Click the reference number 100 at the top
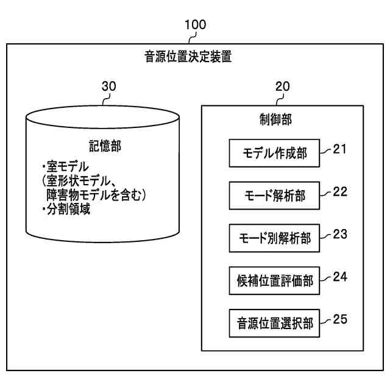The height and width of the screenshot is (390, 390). point(195,25)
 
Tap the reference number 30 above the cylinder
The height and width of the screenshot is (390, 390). point(108,87)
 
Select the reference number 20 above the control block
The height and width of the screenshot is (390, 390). point(283,87)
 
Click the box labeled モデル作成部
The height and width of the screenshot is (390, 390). point(274,154)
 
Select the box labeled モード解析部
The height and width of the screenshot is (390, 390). point(274,196)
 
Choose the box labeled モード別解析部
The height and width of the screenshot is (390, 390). point(274,238)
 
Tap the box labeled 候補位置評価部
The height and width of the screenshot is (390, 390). point(274,280)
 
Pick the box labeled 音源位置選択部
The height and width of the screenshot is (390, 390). point(274,323)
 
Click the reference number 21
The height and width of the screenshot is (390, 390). point(340,149)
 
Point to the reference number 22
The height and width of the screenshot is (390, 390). point(340,191)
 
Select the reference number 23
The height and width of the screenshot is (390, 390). point(340,233)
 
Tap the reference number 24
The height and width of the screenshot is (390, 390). point(340,275)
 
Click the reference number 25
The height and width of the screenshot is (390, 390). point(340,318)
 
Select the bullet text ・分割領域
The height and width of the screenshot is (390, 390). point(65,211)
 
